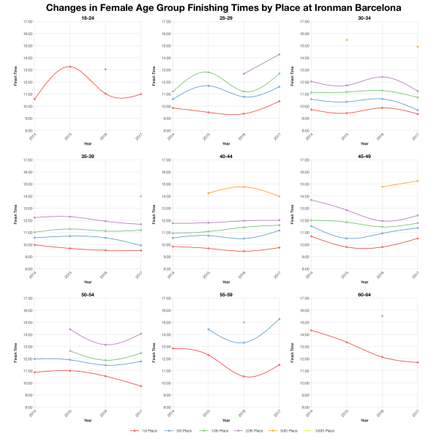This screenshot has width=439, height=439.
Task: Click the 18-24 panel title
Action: point(88,16)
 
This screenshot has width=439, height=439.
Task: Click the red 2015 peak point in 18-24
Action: point(70,67)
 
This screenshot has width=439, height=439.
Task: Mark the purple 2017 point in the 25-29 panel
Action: point(279,54)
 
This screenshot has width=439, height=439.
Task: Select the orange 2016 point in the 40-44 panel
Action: point(244,187)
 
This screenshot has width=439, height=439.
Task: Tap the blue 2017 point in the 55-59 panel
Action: point(279,319)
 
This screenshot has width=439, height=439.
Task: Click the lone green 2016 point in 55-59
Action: point(244,323)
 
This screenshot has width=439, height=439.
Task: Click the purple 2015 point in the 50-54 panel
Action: point(70,329)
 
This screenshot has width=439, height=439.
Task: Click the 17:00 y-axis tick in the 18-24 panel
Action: point(26,22)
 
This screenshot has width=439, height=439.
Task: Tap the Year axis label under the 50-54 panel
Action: point(88,420)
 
